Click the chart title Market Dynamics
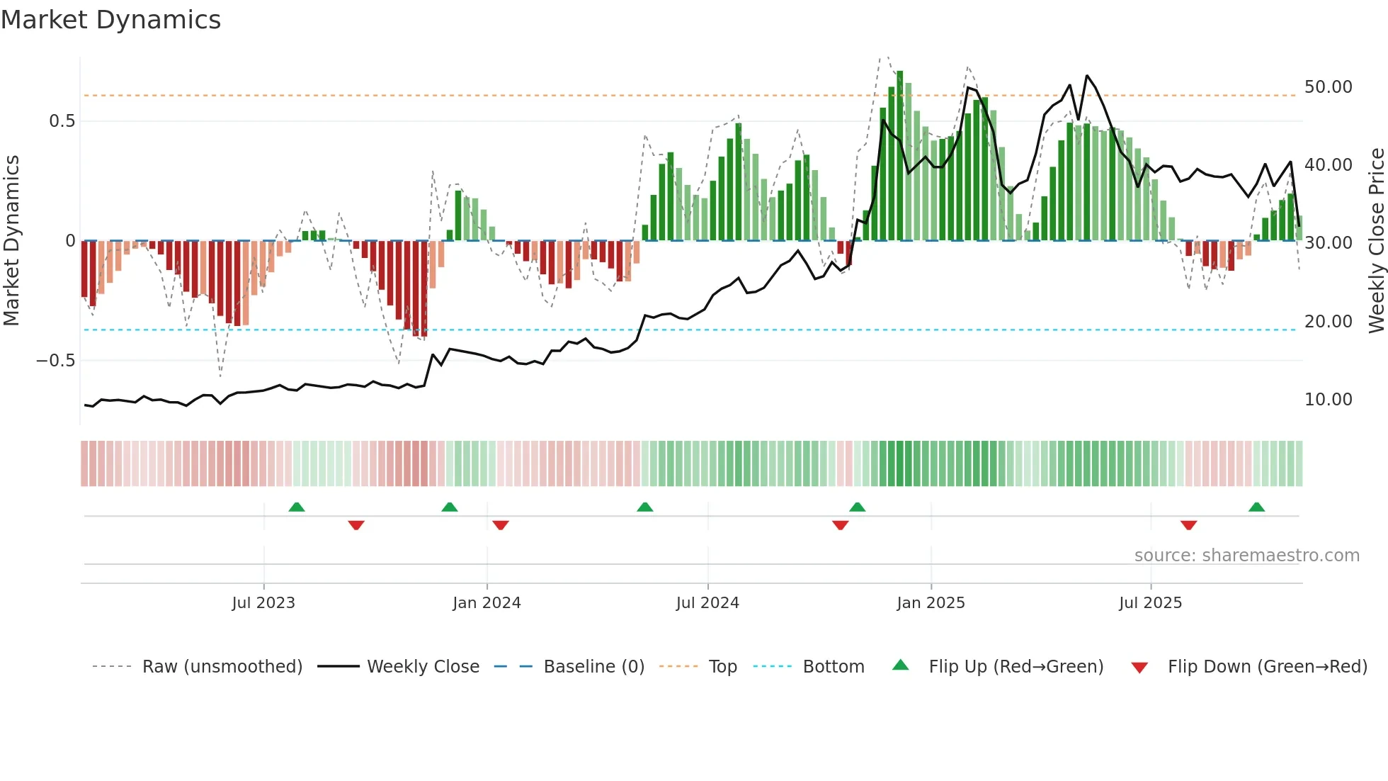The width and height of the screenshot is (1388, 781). pos(110,20)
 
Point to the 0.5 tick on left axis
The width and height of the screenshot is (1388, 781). pos(62,121)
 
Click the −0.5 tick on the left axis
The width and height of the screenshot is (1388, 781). pos(55,361)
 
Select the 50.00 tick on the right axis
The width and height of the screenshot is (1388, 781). pos(1328,87)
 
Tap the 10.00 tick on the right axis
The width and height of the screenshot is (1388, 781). pos(1328,400)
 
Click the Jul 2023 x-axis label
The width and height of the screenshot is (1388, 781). pos(263,603)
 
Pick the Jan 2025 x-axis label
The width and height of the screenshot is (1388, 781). pos(931,603)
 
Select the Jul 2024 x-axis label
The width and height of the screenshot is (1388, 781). pos(707,603)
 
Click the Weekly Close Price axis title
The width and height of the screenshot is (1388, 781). pos(1376,241)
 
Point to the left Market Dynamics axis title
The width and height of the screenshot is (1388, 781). pos(11,241)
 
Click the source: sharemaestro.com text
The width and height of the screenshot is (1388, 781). pos(1246,556)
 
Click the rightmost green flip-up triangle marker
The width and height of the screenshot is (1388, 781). pos(1257,507)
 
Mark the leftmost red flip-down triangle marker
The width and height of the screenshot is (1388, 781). pos(356,525)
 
